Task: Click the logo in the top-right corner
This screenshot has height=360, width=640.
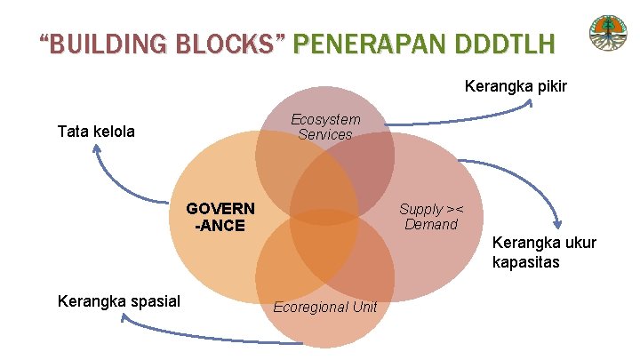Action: pos(608,35)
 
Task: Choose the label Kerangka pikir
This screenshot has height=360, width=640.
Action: pos(516,87)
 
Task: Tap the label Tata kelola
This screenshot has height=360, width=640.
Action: pos(96,132)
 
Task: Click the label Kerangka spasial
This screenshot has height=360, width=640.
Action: pos(119,300)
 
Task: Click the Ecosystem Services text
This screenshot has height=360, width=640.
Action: pos(325,127)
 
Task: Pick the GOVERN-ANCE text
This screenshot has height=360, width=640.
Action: pos(220,217)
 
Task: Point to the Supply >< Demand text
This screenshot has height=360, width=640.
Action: pos(431,216)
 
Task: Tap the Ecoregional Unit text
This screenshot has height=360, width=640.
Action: pos(325,307)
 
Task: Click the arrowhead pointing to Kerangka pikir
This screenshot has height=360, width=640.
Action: pos(531,103)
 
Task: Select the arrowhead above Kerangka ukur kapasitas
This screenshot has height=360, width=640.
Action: pos(557,225)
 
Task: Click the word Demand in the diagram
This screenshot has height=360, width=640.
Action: pos(431,224)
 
